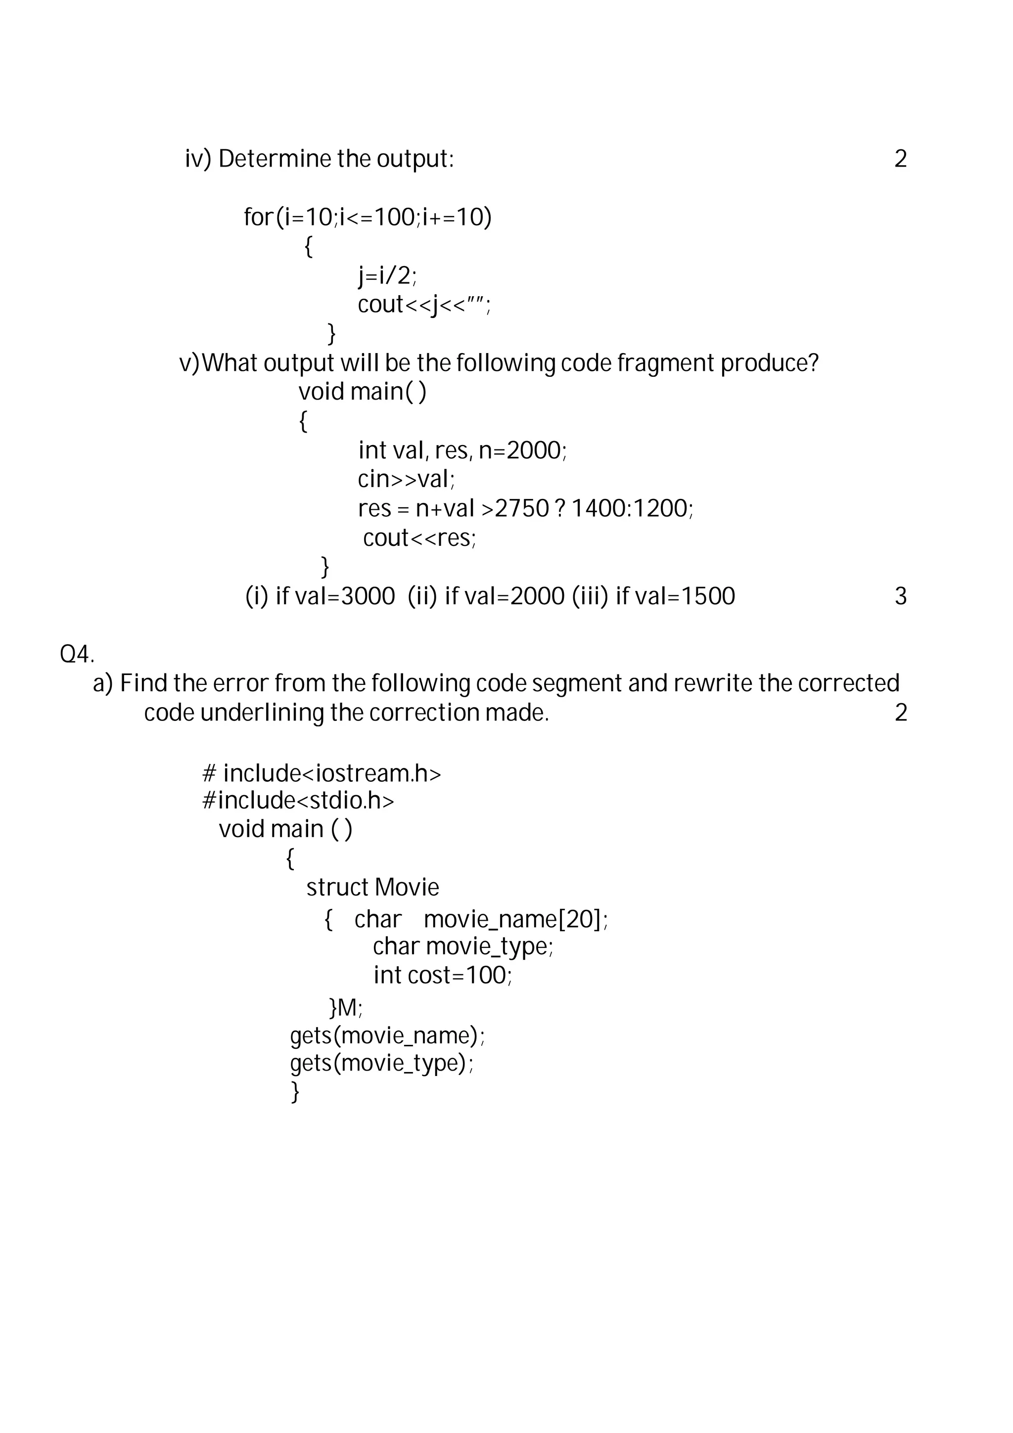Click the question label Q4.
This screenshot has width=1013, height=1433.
pos(77,655)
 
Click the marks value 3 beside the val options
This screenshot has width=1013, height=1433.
pos(900,597)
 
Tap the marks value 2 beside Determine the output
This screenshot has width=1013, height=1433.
pos(900,159)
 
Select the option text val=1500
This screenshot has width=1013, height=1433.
pos(685,597)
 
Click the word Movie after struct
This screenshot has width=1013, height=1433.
pos(407,888)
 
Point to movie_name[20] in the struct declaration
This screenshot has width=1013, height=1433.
pos(514,919)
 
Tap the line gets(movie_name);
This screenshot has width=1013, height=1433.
pos(387,1035)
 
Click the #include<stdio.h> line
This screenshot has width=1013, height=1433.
pos(298,800)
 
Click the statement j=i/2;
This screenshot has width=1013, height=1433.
pos(387,275)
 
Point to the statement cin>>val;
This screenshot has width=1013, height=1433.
pos(406,479)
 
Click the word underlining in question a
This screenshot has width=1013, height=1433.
pos(262,713)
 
